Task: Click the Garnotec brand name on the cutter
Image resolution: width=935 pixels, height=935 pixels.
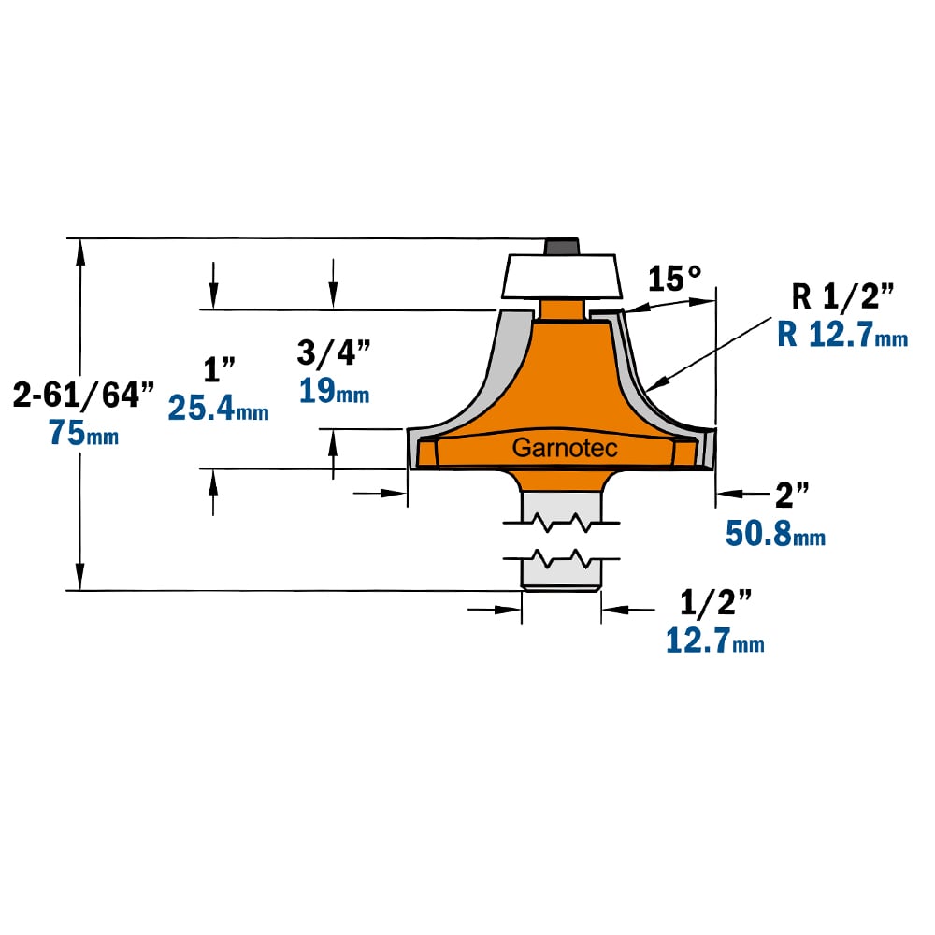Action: coord(565,448)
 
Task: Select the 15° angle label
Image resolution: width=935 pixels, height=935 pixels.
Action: coord(674,279)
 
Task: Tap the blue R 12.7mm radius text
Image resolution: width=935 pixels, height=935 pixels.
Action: coord(842,334)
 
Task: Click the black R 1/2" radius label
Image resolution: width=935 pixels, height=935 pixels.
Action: coord(842,296)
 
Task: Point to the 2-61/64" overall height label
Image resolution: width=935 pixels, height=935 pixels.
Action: coord(83,395)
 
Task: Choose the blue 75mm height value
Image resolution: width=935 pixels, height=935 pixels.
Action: coord(83,432)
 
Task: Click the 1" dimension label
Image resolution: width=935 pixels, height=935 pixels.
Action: coord(220,369)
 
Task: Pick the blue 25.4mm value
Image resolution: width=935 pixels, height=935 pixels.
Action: coord(218,409)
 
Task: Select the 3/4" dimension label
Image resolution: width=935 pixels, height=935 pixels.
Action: coord(334,352)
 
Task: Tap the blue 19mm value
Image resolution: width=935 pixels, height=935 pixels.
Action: coord(334,391)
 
